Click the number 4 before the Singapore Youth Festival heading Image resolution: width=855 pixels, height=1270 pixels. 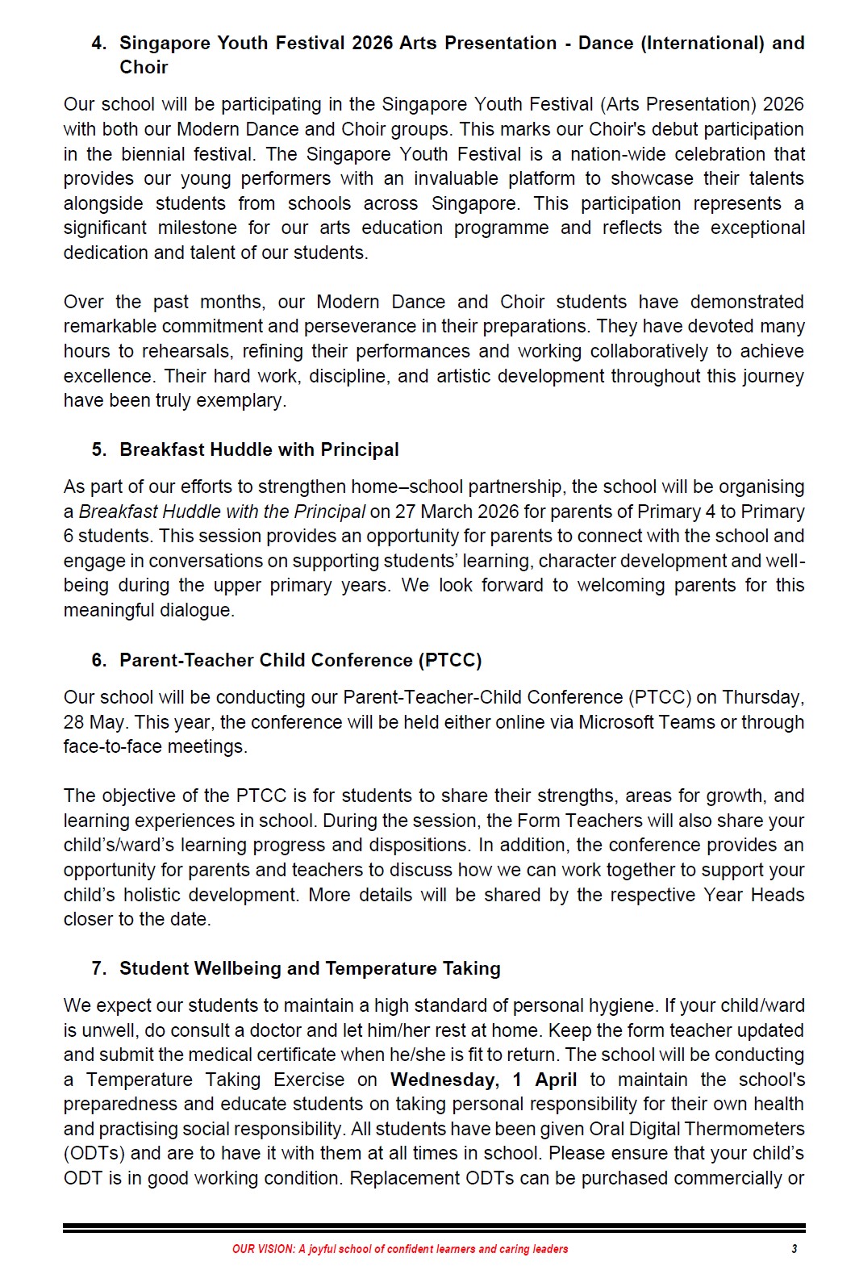tap(98, 44)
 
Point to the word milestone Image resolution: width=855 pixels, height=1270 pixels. tap(198, 228)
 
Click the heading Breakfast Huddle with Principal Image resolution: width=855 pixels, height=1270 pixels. tap(259, 449)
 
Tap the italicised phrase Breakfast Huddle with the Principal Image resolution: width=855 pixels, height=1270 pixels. tap(222, 512)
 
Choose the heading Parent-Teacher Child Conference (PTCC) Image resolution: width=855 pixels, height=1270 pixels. tap(300, 660)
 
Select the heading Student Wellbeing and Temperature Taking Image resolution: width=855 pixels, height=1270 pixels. tap(310, 968)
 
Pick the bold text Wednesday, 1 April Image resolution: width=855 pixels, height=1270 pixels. tap(483, 1080)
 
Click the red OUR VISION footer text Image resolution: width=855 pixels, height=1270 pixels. tap(400, 1249)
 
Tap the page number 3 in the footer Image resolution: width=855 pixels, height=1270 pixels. tap(794, 1249)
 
